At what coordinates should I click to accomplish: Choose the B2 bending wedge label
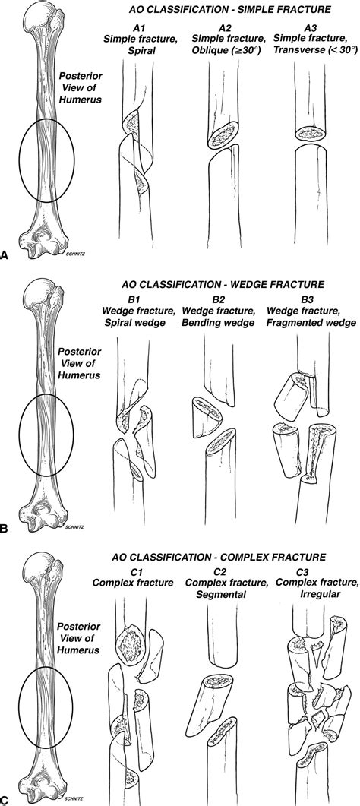216,299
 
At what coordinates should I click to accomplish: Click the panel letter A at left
5,254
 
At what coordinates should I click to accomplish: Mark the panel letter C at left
5,800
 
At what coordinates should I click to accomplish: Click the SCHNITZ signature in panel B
75,526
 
